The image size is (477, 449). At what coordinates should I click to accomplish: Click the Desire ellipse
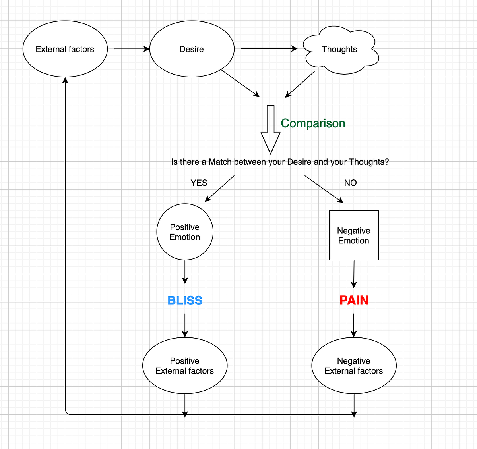(192, 49)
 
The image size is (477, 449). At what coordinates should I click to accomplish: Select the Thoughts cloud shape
(341, 50)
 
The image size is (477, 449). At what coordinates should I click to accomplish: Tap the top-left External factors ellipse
(65, 49)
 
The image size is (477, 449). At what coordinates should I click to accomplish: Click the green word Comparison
(313, 123)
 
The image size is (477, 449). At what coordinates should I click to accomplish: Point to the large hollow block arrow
(270, 129)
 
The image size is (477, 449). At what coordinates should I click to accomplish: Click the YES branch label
(199, 183)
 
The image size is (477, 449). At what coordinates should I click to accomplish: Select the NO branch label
(350, 183)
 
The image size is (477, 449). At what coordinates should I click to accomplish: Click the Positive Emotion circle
(185, 232)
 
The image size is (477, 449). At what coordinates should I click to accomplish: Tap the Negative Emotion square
(354, 235)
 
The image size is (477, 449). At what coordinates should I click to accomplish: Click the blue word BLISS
(185, 301)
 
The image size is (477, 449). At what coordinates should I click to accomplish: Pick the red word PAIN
(354, 301)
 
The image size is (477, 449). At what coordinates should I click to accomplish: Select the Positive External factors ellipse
(185, 366)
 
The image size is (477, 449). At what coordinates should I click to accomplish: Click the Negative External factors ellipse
(354, 366)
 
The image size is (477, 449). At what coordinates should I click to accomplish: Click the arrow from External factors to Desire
(132, 49)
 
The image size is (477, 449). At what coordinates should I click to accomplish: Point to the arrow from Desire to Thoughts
(269, 48)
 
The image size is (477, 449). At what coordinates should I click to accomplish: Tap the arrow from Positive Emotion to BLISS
(185, 272)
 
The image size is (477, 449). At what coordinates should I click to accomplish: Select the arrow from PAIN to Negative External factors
(353, 326)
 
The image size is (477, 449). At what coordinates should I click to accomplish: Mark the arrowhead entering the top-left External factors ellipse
(65, 80)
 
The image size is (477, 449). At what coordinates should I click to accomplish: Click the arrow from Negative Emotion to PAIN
(354, 274)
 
